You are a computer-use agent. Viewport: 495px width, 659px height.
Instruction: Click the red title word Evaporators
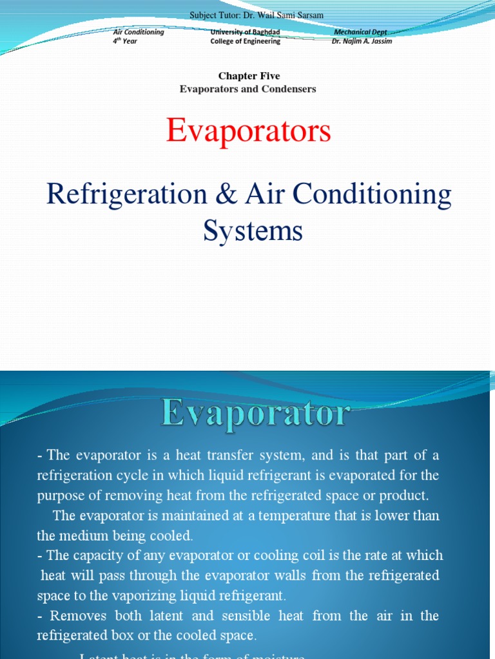tap(248, 131)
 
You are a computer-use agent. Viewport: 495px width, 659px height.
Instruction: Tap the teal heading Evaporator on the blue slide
tap(256, 413)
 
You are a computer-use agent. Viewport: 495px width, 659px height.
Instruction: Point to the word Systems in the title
tap(253, 230)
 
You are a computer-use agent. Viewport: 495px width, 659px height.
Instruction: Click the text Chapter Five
tap(249, 76)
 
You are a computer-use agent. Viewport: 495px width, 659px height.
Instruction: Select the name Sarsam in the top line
tap(310, 15)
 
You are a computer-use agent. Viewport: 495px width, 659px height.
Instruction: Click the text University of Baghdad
tap(245, 32)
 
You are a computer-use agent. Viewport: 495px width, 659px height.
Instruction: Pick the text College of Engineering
tap(245, 41)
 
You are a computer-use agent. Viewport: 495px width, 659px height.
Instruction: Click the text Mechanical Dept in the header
tap(360, 32)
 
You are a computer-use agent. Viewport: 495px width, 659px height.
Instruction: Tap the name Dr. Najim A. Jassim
tap(362, 41)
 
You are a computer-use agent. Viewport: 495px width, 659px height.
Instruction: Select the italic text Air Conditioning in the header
tap(139, 32)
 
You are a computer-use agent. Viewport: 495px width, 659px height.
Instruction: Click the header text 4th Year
tap(125, 41)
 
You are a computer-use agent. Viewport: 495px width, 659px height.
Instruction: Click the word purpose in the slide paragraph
tap(61, 496)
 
